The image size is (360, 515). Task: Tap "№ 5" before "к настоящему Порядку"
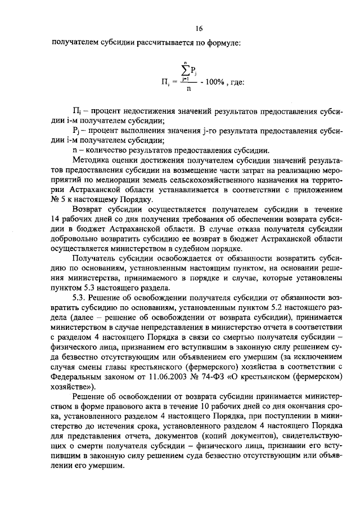pos(57,200)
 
